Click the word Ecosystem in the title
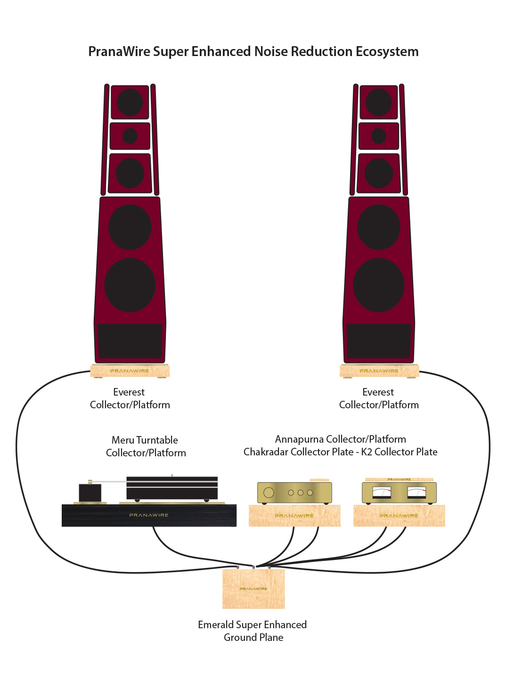(x=387, y=52)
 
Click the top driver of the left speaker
(x=130, y=102)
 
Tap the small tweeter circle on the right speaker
(x=378, y=136)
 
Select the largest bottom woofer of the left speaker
(x=130, y=285)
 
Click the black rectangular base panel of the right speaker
(x=378, y=341)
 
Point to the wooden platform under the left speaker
(x=130, y=371)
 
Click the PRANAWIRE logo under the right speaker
(x=379, y=371)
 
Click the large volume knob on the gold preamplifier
(x=269, y=493)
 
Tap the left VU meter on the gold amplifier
(x=382, y=493)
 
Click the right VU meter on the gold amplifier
(x=416, y=493)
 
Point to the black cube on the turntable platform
(x=90, y=493)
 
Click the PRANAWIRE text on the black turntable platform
(x=149, y=515)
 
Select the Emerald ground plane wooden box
(x=253, y=589)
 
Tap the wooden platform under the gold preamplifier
(x=294, y=516)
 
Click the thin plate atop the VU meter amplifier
(x=399, y=479)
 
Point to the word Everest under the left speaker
(x=129, y=392)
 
